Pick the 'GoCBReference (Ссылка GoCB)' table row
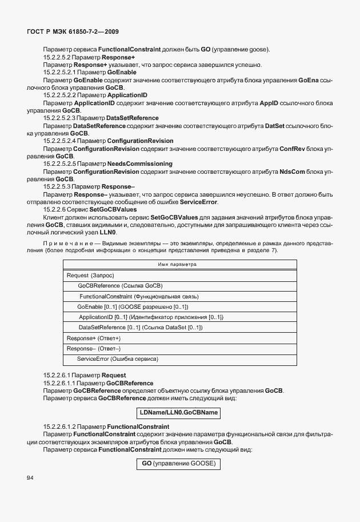coord(120,286)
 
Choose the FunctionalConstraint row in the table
coord(138,296)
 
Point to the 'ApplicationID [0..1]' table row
coord(150,317)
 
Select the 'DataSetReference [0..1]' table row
coord(141,328)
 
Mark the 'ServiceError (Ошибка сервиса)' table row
coord(117,359)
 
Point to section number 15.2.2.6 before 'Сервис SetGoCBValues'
coord(58,209)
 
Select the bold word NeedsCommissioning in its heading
coord(140,164)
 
